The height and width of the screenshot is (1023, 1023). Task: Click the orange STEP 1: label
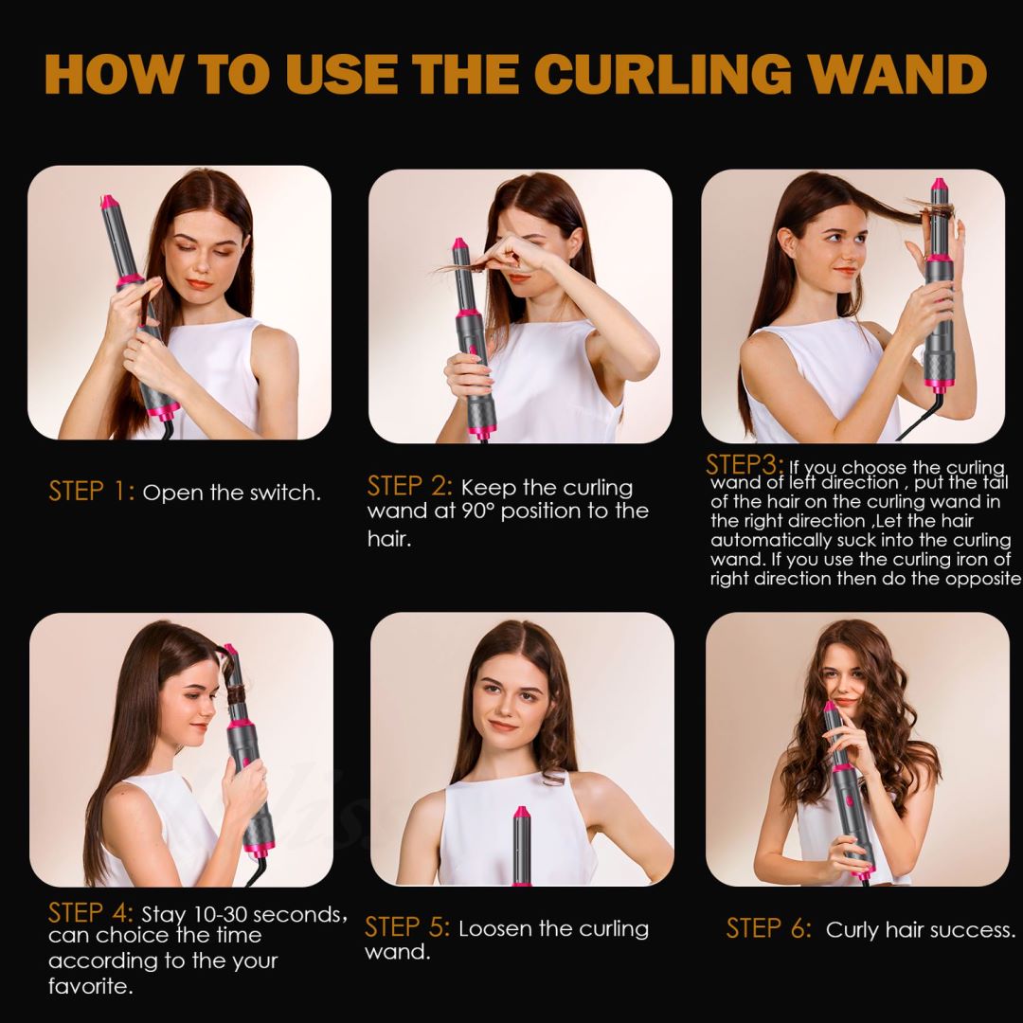[x=92, y=492]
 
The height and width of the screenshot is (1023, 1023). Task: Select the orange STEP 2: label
[x=409, y=487]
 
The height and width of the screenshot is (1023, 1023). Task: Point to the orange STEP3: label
[x=745, y=465]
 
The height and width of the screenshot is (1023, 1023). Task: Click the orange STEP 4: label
[x=91, y=913]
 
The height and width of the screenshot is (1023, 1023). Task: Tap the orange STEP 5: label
[x=407, y=927]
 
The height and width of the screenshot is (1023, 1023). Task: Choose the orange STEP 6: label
[x=769, y=928]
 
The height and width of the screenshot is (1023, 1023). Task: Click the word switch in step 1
[x=281, y=493]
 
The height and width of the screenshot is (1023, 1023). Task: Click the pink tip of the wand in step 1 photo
[x=109, y=202]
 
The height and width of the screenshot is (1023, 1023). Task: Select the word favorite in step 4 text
[x=90, y=986]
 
